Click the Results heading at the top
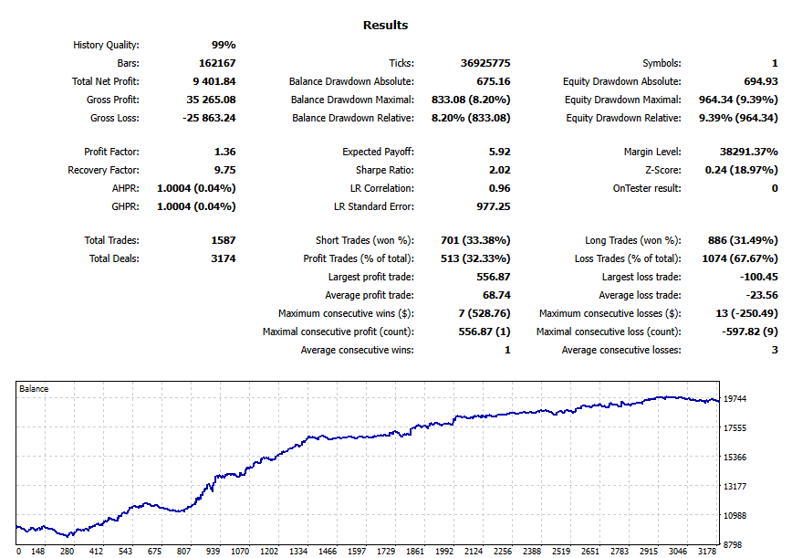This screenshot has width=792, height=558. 385,26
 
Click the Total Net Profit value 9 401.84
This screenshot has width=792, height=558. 211,81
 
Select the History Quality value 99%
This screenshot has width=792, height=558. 224,45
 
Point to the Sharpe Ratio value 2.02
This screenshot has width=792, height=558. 497,170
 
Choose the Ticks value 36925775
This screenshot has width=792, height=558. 485,63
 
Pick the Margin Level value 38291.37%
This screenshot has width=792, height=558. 742,152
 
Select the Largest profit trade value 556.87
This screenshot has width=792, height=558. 492,277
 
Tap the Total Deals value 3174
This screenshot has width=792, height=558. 217,258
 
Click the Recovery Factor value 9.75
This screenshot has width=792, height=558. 224,170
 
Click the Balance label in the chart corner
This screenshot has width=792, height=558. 34,389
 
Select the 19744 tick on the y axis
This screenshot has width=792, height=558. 736,399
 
